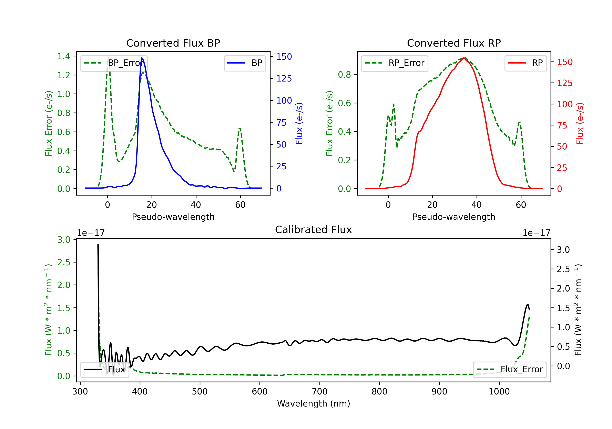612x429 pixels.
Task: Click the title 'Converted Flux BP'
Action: point(173,43)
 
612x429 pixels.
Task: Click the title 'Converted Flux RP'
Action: point(454,43)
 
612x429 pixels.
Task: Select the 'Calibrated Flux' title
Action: point(314,230)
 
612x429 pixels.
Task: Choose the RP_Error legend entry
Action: point(395,63)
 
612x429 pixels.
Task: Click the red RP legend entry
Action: point(525,63)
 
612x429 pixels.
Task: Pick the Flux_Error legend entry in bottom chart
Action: point(510,370)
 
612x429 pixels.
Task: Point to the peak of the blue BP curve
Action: point(142,58)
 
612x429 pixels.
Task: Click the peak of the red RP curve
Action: point(464,58)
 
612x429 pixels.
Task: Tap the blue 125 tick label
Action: point(284,78)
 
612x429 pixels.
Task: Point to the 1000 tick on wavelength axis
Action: point(499,392)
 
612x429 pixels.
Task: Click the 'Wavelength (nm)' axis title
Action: point(314,403)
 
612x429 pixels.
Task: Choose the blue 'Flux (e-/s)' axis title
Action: point(299,123)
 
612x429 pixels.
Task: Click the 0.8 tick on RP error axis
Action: point(344,75)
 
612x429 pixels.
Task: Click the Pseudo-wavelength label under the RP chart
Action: point(454,217)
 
